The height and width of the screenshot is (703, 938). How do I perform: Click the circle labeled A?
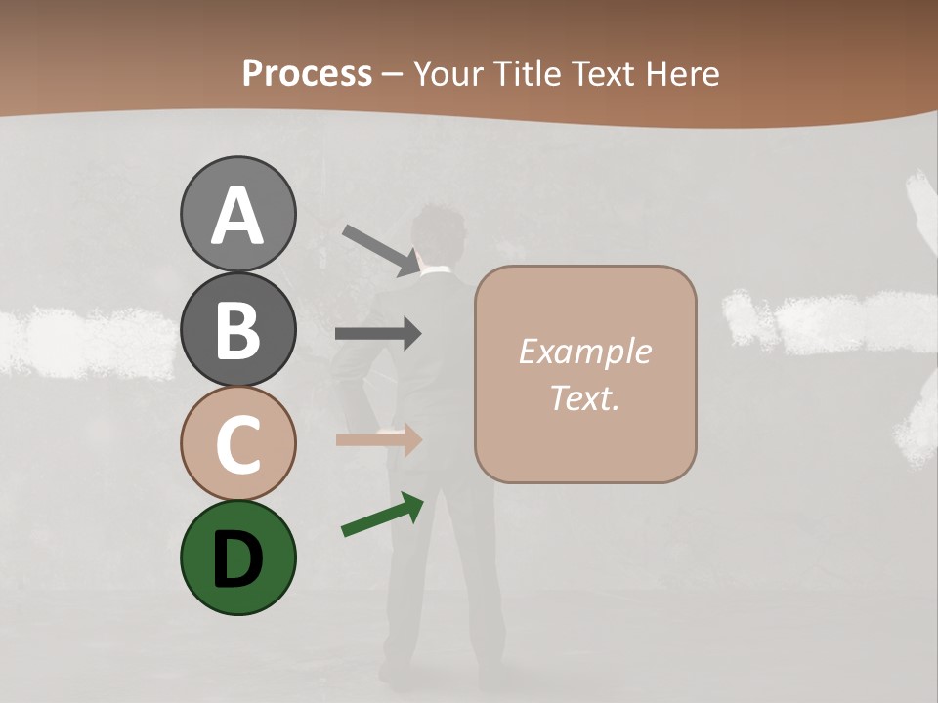coord(237,214)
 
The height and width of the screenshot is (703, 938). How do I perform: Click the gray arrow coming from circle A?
coord(381,250)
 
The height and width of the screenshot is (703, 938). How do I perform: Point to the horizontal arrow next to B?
coord(378,334)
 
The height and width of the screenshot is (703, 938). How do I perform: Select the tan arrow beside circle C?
coord(378,440)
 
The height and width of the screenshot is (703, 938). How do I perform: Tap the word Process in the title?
coord(307,73)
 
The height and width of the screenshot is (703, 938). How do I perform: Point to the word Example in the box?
coord(584,351)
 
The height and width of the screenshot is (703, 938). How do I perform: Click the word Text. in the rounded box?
coord(584,397)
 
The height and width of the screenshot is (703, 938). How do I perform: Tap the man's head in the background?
coord(439,235)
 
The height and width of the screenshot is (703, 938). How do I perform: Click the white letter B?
coord(237,329)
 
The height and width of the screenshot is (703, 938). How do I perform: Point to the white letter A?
coord(237,216)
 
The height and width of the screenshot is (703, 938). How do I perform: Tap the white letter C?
coord(237,444)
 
